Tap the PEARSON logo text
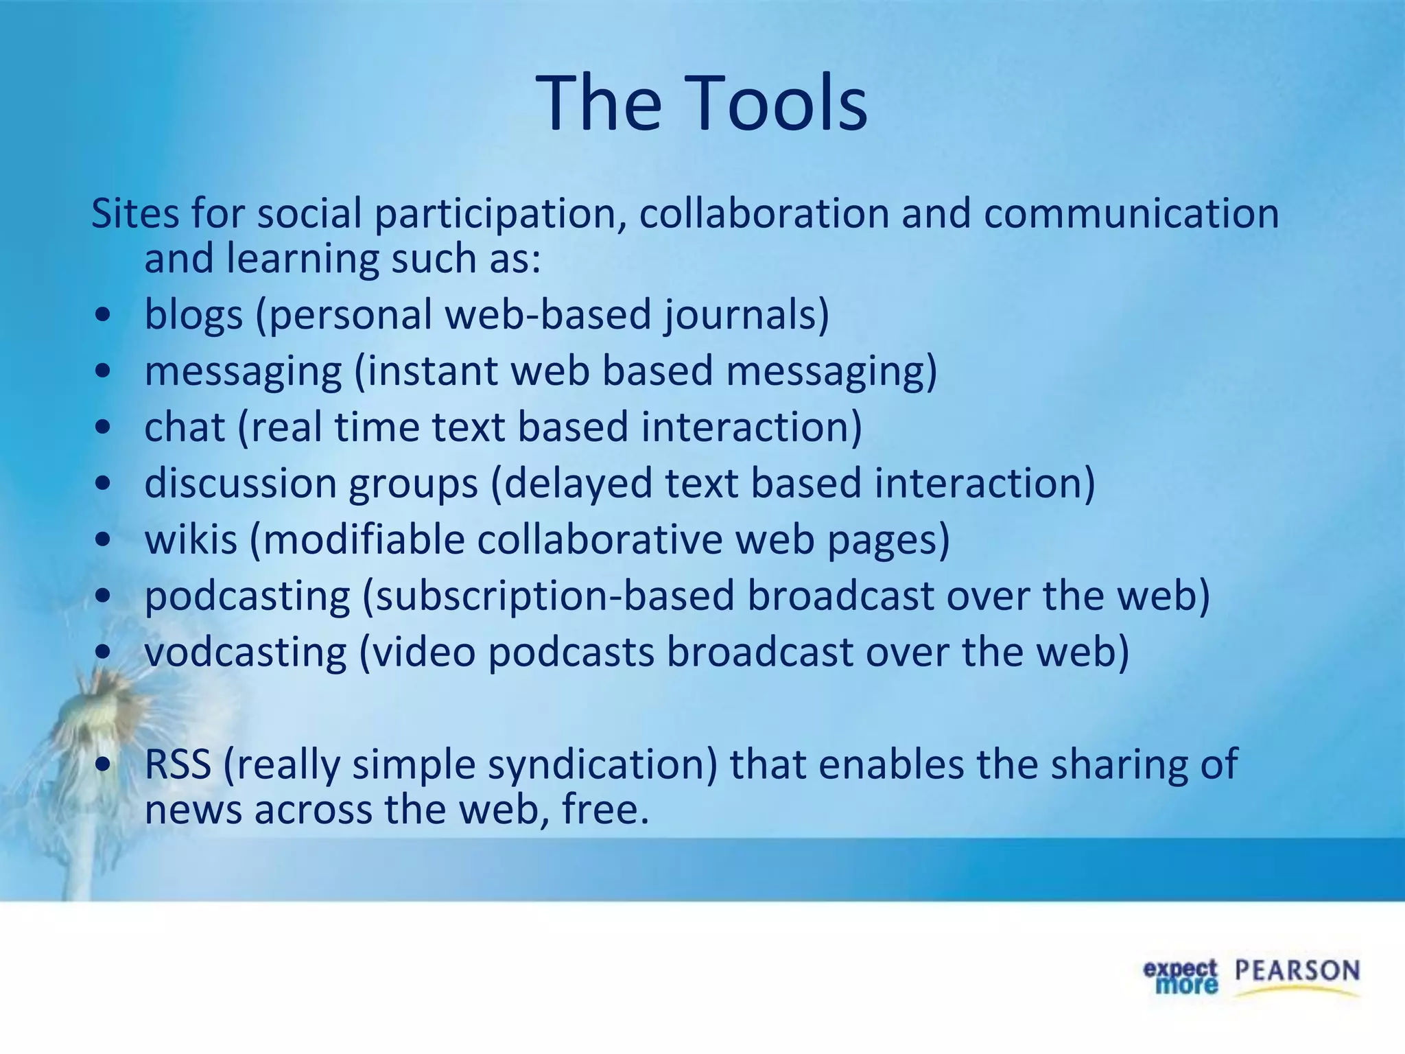tap(1297, 972)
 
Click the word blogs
tap(193, 315)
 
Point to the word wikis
tap(191, 539)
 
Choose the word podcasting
tap(247, 596)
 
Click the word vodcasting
tap(245, 652)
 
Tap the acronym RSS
tap(178, 764)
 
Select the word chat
tap(185, 427)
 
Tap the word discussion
tap(240, 483)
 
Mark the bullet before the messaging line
tap(103, 371)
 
